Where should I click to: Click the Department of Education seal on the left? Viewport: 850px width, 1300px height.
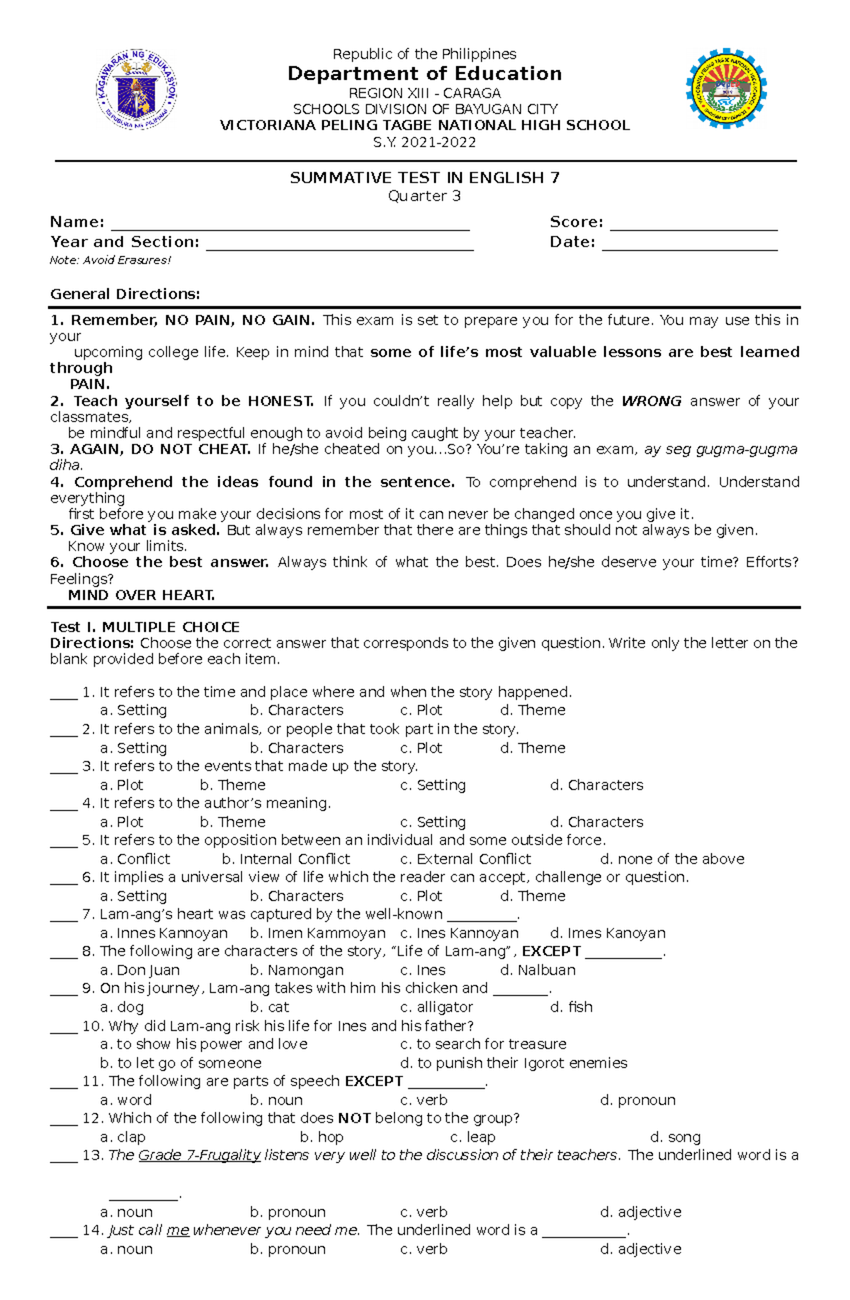tap(137, 89)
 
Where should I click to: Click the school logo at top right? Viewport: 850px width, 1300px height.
tap(725, 89)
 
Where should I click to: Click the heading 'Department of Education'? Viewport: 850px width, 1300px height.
tap(424, 74)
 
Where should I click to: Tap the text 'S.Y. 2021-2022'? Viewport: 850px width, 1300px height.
tap(424, 142)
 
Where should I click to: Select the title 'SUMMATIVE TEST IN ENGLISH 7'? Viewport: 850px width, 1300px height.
tap(424, 178)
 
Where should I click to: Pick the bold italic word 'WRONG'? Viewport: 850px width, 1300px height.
tap(651, 401)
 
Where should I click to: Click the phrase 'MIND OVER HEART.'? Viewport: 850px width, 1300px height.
tap(141, 595)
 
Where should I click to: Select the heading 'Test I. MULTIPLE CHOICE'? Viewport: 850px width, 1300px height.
tap(144, 627)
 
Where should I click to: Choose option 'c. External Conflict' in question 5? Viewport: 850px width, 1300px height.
tap(465, 859)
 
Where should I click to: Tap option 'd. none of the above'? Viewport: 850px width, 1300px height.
tap(671, 859)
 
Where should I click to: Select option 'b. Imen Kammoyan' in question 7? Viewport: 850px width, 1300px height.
tap(317, 933)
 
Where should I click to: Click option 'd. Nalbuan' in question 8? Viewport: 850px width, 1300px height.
tap(538, 970)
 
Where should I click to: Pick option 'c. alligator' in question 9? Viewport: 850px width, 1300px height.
tap(436, 1007)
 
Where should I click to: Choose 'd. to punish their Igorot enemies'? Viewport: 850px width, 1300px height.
tap(514, 1063)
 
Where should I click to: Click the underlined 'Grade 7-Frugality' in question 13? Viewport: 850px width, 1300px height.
tap(200, 1155)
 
